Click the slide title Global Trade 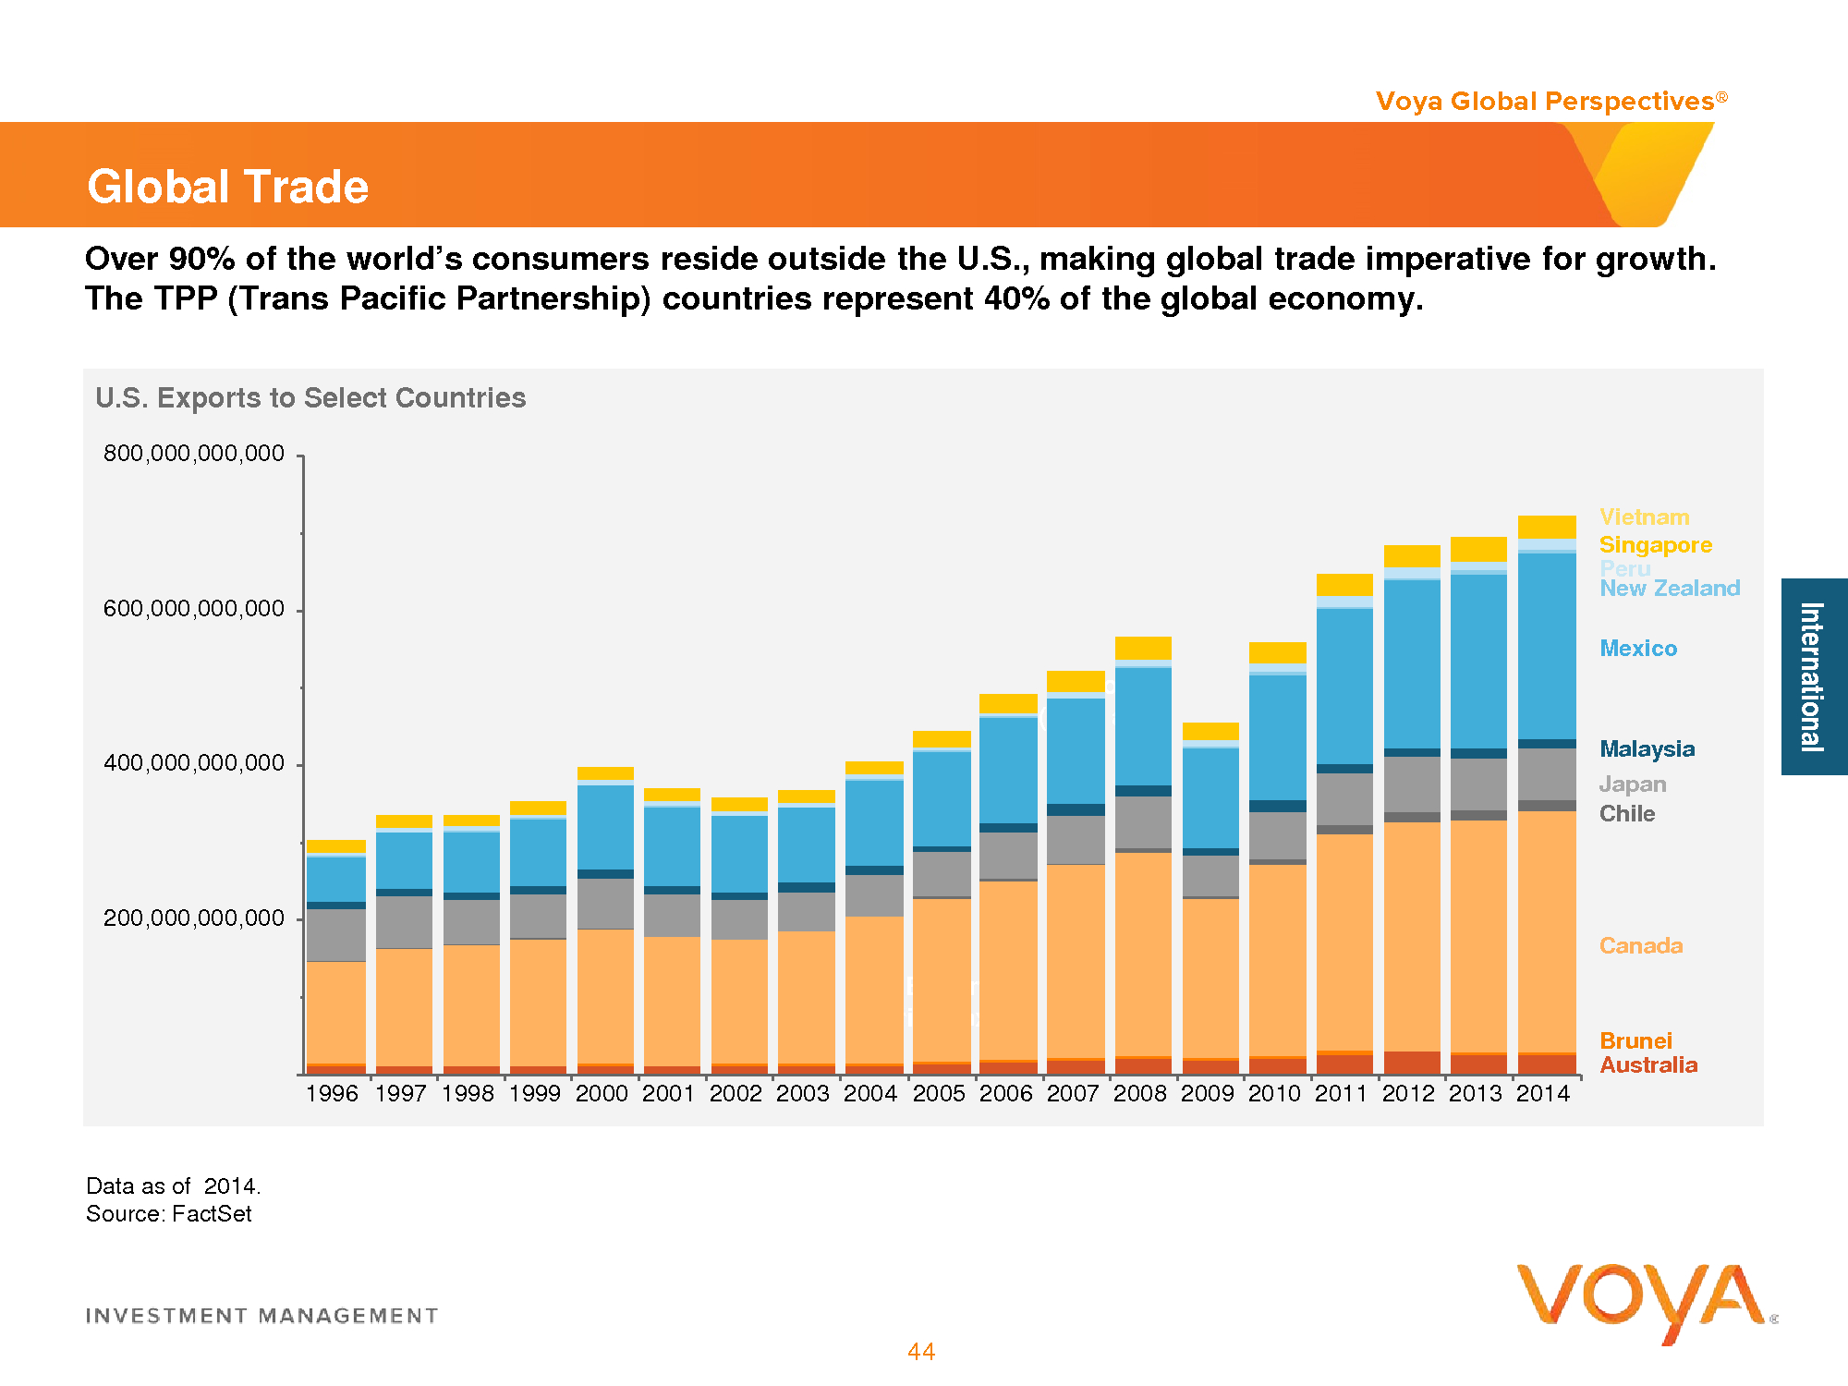[227, 187]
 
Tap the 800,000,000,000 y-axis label [194, 454]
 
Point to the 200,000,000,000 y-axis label [194, 918]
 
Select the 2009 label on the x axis [1207, 1094]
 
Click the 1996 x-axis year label [332, 1094]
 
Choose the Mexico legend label [1638, 649]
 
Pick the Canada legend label [1641, 946]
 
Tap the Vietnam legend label [1644, 517]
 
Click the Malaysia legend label [1647, 749]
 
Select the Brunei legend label [1635, 1041]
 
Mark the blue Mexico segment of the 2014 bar [1547, 647]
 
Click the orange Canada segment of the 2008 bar [1143, 952]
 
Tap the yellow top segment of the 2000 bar [605, 773]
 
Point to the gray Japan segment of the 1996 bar [335, 935]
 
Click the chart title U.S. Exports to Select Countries [310, 398]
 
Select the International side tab [1813, 676]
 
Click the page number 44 [921, 1352]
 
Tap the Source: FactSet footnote [169, 1214]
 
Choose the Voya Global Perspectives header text [1545, 102]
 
